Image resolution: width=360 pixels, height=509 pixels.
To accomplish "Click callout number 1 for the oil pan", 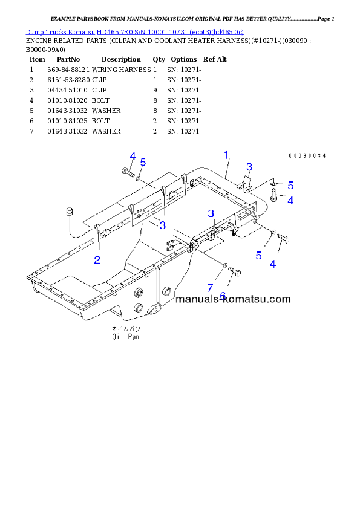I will coord(227,155).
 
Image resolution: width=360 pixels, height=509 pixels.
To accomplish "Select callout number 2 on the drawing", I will coord(97,260).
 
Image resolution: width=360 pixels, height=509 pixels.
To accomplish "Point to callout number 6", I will coord(223,296).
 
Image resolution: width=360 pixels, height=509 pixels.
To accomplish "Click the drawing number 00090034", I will coord(307,156).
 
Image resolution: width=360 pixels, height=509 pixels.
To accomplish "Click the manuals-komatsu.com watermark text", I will coord(233,299).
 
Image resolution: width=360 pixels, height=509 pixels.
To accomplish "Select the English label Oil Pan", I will coord(125,337).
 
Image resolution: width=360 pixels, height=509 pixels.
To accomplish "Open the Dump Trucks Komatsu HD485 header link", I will coord(134,31).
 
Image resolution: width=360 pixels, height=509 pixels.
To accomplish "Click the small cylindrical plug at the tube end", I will coord(69,212).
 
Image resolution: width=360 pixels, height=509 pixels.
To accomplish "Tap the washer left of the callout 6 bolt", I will coord(225,266).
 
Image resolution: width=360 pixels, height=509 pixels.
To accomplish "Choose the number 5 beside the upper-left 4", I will coord(143,162).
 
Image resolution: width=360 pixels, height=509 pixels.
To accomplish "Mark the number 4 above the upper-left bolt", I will coord(132,157).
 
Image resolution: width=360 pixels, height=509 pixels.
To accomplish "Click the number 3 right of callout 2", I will coord(163,225).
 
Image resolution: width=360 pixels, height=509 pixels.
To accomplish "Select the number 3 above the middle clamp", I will coord(211,213).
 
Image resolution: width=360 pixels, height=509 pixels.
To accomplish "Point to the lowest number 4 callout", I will coord(273,264).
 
